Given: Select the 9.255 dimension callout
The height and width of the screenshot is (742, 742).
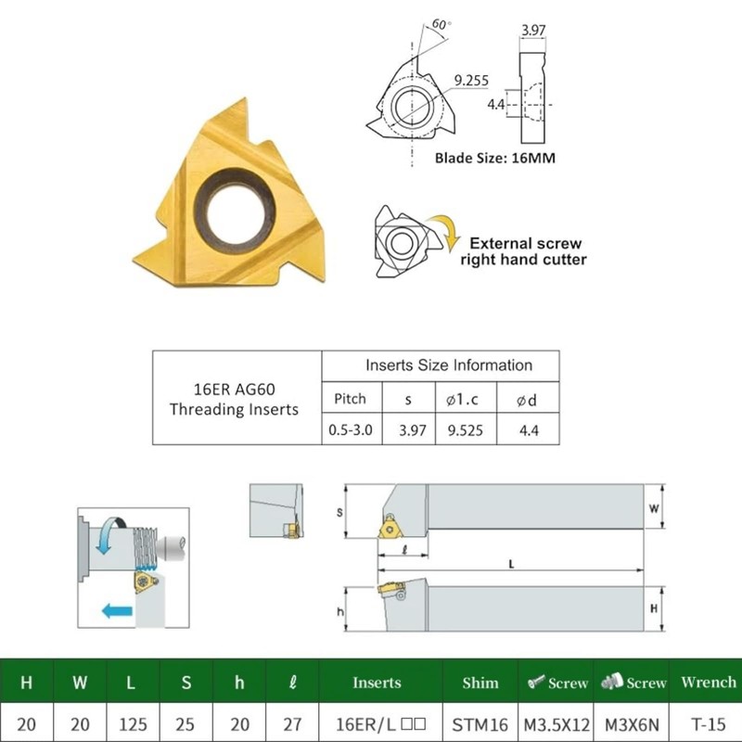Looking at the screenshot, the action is tap(471, 81).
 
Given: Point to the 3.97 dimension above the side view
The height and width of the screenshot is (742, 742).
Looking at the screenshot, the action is tap(533, 30).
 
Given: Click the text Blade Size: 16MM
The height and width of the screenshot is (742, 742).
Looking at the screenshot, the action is tap(495, 158).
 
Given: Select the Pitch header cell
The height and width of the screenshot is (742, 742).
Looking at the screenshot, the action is tap(351, 399).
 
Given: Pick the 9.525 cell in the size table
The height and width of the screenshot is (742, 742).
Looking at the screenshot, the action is tap(466, 430).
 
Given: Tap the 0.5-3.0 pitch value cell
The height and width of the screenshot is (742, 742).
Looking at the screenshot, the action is tap(351, 429).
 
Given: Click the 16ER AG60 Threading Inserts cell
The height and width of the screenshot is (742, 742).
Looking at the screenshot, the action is tap(235, 399).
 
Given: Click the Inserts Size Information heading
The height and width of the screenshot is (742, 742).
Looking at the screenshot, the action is tap(449, 365).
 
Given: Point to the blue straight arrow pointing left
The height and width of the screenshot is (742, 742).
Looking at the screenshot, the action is tap(117, 611).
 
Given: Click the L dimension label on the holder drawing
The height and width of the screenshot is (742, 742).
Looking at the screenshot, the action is tap(511, 564).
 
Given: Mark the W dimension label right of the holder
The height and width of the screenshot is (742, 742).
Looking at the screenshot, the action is tap(654, 508).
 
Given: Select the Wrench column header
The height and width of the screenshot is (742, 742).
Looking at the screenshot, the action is tap(709, 682).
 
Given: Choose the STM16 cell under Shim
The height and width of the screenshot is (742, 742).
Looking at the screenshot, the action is tap(480, 724).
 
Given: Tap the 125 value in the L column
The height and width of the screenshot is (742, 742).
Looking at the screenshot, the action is tap(133, 724).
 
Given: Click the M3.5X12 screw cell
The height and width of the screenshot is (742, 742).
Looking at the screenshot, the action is tap(556, 724).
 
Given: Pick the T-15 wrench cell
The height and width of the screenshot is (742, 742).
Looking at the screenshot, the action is tap(708, 724).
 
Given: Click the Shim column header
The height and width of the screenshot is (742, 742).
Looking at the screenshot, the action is tap(480, 683).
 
